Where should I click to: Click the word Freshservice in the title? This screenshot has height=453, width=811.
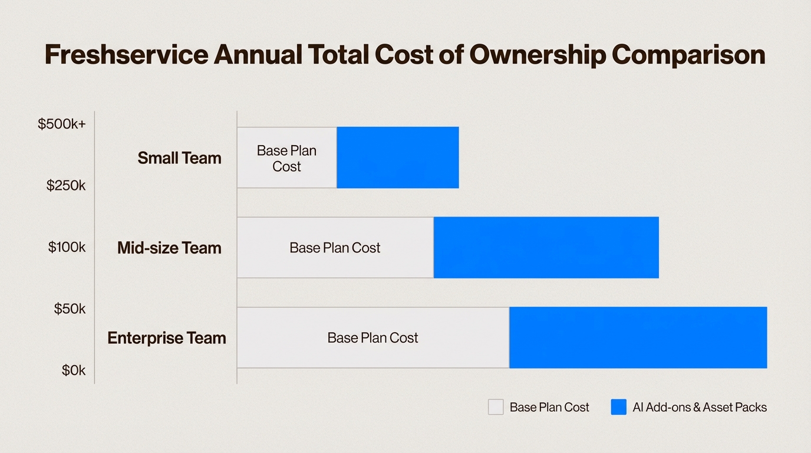click(x=126, y=55)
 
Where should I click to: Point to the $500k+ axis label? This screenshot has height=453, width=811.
click(x=62, y=124)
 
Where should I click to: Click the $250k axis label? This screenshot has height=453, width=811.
click(x=66, y=185)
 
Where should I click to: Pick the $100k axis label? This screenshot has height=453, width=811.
click(x=67, y=247)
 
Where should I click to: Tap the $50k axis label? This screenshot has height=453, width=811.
click(x=70, y=308)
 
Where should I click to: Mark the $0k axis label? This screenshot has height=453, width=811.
click(x=74, y=370)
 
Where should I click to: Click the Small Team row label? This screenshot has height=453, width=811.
click(x=179, y=158)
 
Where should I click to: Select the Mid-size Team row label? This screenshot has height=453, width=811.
click(x=169, y=248)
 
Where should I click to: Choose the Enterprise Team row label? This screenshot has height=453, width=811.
click(x=167, y=338)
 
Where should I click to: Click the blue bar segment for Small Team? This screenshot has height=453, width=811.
click(x=398, y=157)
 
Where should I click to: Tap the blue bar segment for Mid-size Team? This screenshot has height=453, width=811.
click(x=546, y=248)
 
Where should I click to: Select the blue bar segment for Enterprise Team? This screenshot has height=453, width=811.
click(x=638, y=337)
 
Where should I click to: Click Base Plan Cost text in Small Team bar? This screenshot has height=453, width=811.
click(x=286, y=159)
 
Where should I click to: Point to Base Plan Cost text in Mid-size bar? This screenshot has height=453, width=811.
click(x=335, y=248)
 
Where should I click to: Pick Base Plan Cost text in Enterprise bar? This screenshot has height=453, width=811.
click(x=372, y=338)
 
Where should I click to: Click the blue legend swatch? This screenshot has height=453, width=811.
click(x=618, y=407)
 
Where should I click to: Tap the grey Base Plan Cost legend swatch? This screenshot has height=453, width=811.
click(x=496, y=407)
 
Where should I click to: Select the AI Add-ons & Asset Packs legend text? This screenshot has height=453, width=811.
click(x=700, y=407)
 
